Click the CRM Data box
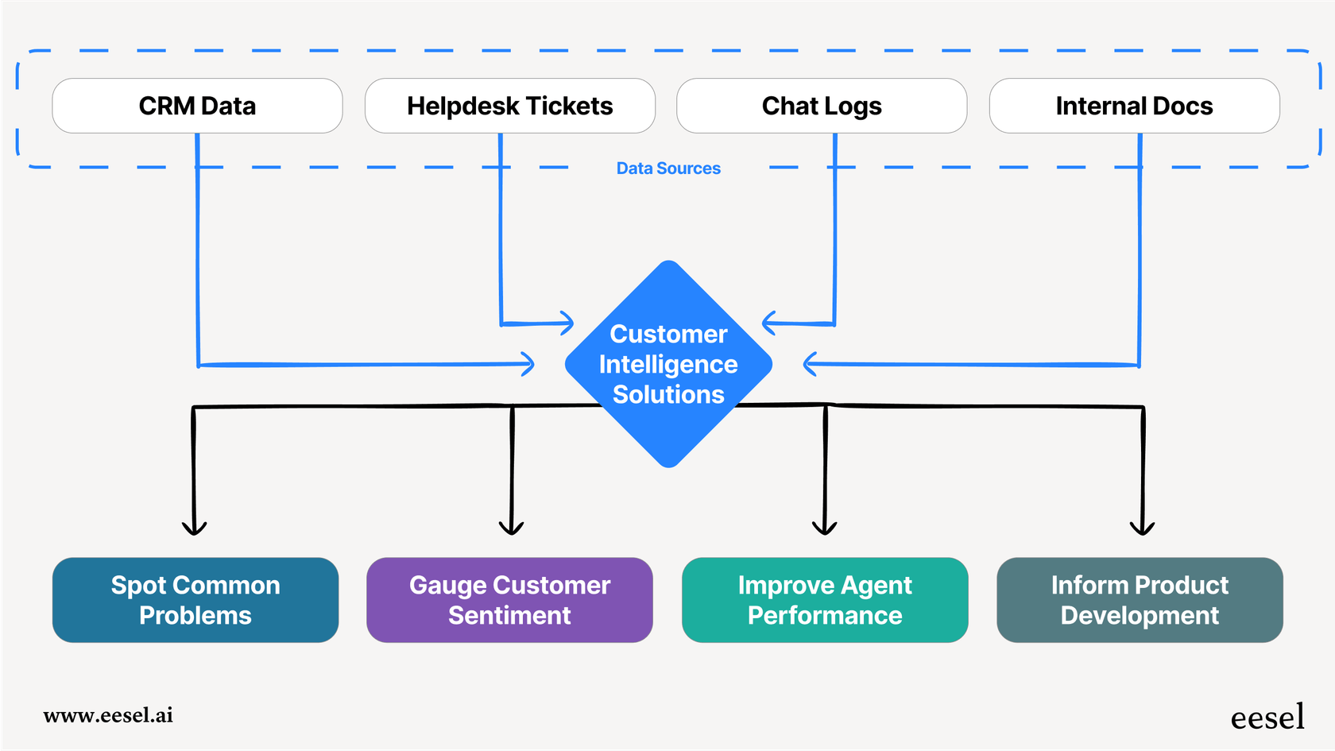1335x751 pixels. (197, 106)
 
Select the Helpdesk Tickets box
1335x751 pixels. (509, 106)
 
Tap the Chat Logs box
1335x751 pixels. (822, 106)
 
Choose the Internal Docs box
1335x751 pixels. (1134, 106)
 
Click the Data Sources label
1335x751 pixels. (668, 168)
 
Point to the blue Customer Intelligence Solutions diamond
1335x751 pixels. (668, 364)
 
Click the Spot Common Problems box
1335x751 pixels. (195, 600)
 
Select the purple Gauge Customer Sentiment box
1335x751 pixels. (509, 600)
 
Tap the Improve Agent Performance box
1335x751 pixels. (825, 600)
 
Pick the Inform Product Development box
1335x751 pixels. (1140, 600)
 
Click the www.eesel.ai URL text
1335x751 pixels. (108, 715)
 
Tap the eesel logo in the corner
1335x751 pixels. (1267, 718)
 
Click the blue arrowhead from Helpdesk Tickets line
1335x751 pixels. (567, 323)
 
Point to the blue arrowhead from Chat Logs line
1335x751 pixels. (768, 323)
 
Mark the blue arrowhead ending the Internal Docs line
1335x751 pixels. (810, 364)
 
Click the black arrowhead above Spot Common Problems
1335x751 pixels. (194, 528)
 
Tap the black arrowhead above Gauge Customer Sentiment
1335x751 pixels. (511, 528)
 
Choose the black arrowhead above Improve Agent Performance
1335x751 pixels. (825, 528)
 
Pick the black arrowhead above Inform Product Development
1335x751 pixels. (1142, 528)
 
